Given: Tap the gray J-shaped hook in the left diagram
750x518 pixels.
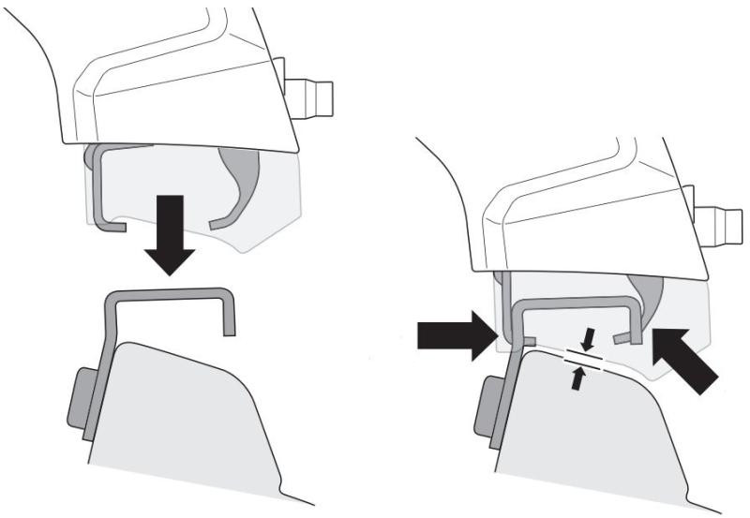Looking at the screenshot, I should (102, 187).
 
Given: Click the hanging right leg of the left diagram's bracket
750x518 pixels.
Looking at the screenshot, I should (229, 314).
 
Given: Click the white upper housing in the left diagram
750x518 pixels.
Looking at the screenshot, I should (178, 84).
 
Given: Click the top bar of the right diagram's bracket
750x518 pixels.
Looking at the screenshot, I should (572, 303).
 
